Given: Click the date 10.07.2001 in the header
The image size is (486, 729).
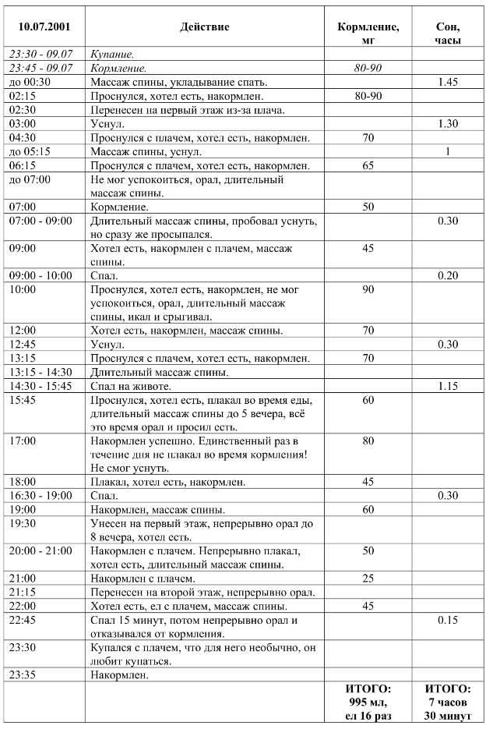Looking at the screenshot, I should click(44, 27).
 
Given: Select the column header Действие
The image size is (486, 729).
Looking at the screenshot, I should click(205, 27).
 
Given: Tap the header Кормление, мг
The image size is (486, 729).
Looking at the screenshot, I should click(368, 33).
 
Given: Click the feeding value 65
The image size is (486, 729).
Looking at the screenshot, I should click(368, 166).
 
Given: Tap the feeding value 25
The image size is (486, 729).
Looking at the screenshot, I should click(368, 579).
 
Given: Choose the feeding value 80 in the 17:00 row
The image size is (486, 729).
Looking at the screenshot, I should click(368, 441).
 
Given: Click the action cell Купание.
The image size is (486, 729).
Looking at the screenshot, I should click(113, 55).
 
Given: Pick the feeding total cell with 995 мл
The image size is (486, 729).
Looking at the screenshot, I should click(368, 702).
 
